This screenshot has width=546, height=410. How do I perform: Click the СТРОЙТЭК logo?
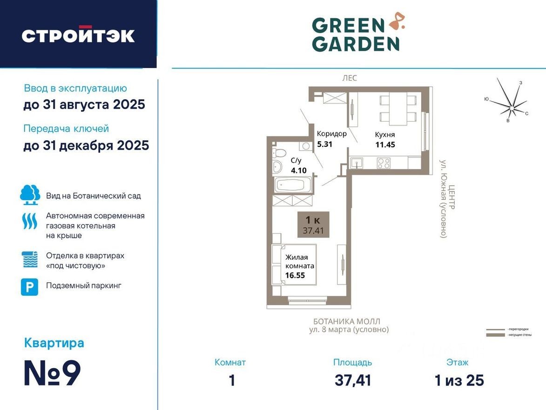[x=78, y=35]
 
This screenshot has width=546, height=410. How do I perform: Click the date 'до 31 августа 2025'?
[x=84, y=104]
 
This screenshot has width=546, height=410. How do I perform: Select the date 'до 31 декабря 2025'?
[x=86, y=145]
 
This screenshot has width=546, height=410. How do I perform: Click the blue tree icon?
[x=30, y=195]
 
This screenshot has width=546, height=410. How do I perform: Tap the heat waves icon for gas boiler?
[x=30, y=221]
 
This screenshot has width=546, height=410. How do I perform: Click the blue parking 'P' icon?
[x=29, y=287]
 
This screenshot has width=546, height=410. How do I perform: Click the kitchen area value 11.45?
[x=385, y=144]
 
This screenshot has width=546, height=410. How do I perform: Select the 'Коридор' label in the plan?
[x=331, y=134]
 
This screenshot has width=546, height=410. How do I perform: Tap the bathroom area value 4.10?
[x=298, y=171]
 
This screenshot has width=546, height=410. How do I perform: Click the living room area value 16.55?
[x=296, y=275]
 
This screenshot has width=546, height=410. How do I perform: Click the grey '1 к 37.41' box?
[x=313, y=225]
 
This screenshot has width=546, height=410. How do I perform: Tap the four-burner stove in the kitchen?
[x=384, y=163]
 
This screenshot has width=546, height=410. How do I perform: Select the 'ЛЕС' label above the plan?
[x=350, y=78]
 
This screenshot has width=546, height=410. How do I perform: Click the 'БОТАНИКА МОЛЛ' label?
[x=346, y=321]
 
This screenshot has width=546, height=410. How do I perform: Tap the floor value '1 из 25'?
[x=459, y=381]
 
